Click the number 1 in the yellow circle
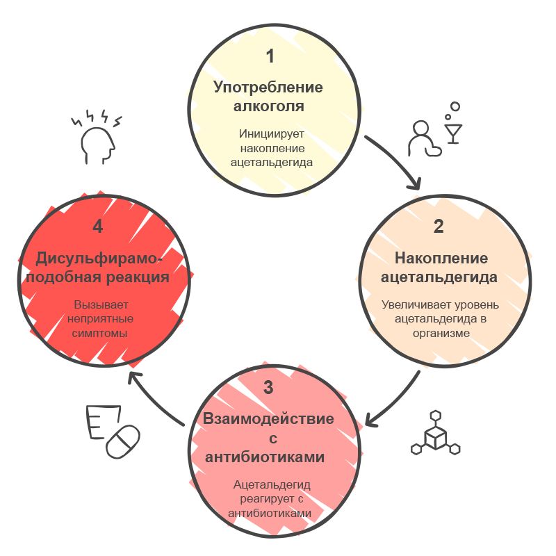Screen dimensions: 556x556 [x=270, y=56]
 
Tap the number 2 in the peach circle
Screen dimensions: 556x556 [x=439, y=227]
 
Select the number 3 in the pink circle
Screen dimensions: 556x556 [x=268, y=387]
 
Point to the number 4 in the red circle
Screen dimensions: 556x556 [x=97, y=227]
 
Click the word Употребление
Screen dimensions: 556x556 [x=268, y=88]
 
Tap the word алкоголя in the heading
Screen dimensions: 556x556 [x=268, y=106]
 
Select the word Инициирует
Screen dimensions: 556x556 [x=271, y=133]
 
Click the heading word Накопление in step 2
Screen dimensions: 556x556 [x=441, y=258]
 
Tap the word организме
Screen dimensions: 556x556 [x=441, y=334]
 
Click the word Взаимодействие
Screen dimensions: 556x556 [x=268, y=419]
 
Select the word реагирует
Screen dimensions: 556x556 [x=267, y=499]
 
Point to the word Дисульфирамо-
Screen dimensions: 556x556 [x=99, y=259]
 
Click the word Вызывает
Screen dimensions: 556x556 [x=101, y=304]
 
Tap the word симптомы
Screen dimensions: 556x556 [x=99, y=334]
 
